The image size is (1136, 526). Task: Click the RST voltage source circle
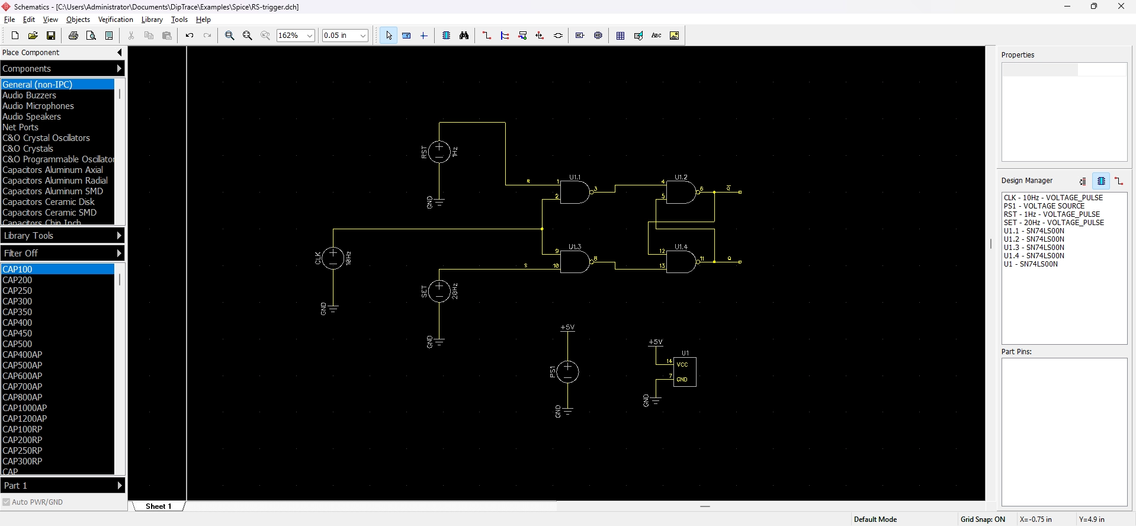439,152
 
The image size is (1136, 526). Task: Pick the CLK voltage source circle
333,258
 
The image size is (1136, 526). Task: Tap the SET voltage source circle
439,291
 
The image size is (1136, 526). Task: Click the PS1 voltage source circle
567,371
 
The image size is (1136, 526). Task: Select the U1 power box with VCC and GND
685,371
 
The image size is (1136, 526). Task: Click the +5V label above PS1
567,327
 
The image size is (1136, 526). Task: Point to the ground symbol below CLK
333,308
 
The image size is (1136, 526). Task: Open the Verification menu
115,20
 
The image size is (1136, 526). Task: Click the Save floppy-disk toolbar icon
51,36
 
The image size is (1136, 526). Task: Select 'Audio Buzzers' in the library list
30,95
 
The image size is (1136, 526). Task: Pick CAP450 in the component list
18,333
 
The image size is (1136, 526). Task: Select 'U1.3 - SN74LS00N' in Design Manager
1034,248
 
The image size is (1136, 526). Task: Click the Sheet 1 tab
158,506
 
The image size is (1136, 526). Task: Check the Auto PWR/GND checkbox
7,502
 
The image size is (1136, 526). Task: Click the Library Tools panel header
62,236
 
